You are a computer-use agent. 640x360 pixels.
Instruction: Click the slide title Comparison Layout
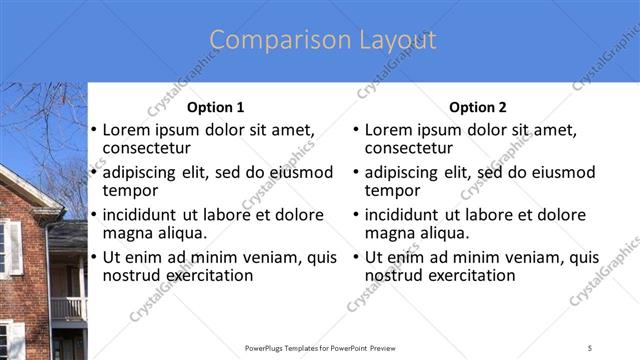pos(322,40)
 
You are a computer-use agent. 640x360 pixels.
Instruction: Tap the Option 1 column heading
pos(215,107)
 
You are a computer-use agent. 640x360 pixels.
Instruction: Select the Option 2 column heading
pos(478,107)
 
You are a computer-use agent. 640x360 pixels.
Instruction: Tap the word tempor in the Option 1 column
pos(130,190)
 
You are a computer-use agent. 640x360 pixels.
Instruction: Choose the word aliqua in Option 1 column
pos(178,233)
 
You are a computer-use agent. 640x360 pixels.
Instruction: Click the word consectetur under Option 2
pos(409,148)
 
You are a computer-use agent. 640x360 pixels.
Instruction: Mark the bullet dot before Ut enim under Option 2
pos(355,257)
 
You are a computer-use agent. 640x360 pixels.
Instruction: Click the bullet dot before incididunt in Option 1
pos(93,215)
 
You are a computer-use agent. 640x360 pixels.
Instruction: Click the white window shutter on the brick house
pos(14,248)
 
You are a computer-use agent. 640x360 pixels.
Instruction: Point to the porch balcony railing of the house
pos(67,309)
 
